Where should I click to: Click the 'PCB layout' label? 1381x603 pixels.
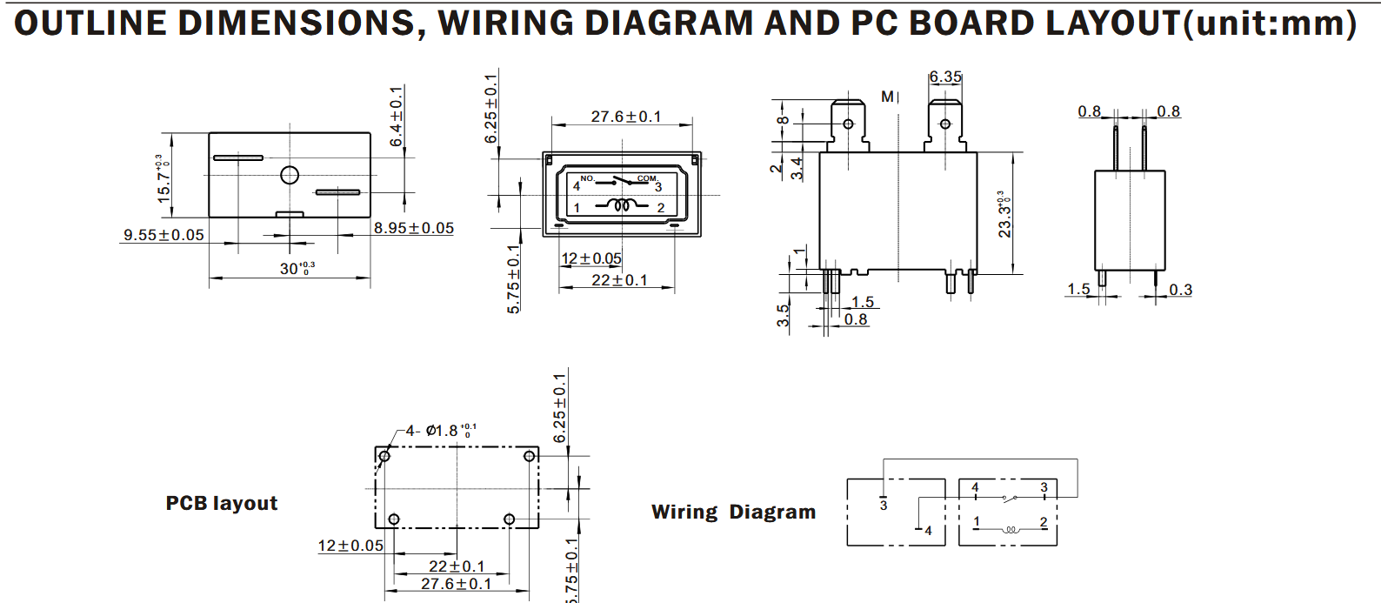[x=221, y=503]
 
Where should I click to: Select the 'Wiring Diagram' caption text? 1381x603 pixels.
[x=733, y=512]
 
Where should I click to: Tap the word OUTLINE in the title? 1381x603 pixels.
[x=90, y=23]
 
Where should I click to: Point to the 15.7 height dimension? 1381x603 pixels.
[x=163, y=178]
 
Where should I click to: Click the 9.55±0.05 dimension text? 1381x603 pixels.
[x=163, y=235]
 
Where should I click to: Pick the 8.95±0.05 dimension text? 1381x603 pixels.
[x=414, y=228]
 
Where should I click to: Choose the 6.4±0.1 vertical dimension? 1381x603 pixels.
[x=397, y=116]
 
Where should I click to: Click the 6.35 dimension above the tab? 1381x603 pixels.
[x=944, y=77]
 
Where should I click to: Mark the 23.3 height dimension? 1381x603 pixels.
[x=1004, y=214]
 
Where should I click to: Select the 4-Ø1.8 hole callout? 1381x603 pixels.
[x=440, y=431]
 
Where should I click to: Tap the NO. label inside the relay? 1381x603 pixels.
[x=587, y=178]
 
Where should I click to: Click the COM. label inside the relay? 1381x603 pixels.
[x=647, y=178]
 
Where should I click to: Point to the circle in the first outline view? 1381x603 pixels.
[x=290, y=175]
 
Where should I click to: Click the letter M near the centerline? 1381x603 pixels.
[x=887, y=97]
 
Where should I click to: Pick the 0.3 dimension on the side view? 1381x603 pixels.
[x=1180, y=290]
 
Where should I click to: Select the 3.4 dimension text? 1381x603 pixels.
[x=797, y=167]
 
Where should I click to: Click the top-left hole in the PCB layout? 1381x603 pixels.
[x=384, y=456]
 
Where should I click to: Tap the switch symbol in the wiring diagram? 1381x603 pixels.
[x=1009, y=499]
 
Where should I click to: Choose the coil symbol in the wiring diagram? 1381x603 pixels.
[x=1010, y=528]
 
